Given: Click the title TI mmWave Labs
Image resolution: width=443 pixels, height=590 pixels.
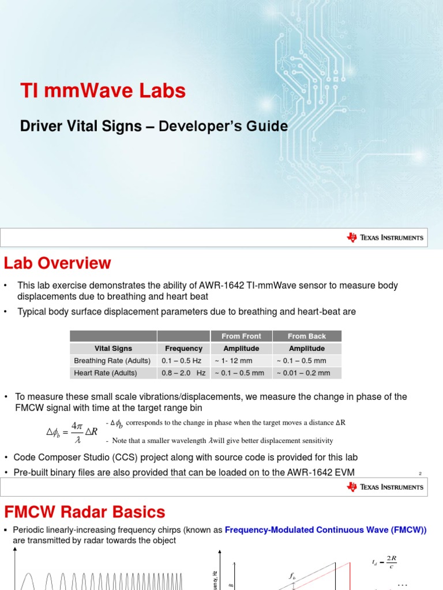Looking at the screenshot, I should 103,91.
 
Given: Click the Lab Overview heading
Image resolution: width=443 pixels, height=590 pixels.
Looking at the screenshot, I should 58,263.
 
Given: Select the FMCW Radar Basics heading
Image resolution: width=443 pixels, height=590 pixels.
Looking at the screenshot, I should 85,512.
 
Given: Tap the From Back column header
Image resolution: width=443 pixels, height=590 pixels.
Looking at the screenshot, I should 307,336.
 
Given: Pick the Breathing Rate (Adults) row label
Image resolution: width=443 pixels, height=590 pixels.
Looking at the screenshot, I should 112,361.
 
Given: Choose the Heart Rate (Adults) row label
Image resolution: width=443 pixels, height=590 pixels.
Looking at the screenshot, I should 106,373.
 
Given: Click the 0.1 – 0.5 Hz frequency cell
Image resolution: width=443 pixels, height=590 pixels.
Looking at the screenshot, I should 182,361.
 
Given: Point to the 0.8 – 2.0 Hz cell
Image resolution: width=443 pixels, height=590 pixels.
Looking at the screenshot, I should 183,373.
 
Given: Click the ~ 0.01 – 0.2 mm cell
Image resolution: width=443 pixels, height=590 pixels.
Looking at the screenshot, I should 303,373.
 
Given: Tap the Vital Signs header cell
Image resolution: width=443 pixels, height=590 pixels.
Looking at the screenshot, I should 113,349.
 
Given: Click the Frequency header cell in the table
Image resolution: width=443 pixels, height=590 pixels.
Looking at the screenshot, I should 183,349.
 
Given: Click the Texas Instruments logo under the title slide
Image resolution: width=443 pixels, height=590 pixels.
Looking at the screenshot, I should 385,237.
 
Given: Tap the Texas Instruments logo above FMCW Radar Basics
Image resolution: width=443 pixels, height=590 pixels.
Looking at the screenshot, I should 385,487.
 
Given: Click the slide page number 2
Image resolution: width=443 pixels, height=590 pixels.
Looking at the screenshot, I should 421,474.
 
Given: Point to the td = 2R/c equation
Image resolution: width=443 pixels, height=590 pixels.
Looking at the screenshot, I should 385,562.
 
